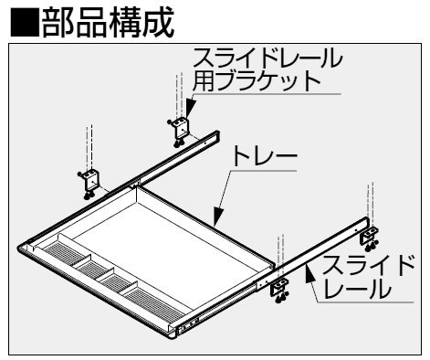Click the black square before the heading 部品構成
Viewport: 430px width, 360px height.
click(x=25, y=22)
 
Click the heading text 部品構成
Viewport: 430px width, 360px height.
click(x=108, y=22)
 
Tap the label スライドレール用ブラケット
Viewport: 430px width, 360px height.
click(x=267, y=69)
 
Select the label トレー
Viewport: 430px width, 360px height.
click(x=264, y=155)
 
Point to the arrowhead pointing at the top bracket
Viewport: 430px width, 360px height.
click(x=190, y=107)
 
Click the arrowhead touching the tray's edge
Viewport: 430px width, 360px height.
click(x=218, y=216)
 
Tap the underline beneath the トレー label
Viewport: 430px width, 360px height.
click(x=263, y=171)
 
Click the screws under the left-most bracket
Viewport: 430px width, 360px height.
click(x=89, y=196)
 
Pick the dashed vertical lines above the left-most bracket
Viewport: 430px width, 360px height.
click(x=89, y=148)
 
